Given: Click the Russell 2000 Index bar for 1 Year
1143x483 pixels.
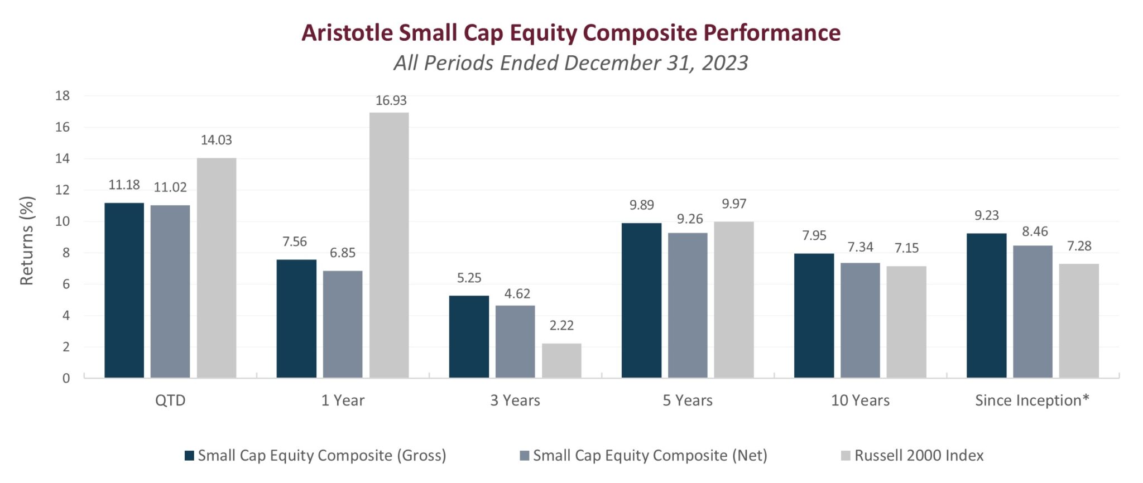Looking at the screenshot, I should pos(389,245).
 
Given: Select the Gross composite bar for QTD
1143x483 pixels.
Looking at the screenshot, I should pos(124,290).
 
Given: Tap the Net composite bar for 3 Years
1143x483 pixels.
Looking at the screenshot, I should pos(515,341).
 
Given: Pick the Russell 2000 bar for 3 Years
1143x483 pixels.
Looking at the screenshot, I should pos(561,360).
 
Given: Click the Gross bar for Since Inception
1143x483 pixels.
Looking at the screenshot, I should pos(986,305).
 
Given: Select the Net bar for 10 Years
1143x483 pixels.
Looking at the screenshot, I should pos(860,320).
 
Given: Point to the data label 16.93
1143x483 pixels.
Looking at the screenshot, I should pos(391,100).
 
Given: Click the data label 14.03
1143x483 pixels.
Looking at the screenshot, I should pos(216,140).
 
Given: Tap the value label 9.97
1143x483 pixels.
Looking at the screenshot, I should pos(733,204).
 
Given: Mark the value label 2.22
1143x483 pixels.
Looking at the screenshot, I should pos(561,326).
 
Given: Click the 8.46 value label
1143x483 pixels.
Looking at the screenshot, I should pos(1035,231).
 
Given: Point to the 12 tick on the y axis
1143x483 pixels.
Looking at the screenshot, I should pos(63,190).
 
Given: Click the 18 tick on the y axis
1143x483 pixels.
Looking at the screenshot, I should pos(63,96).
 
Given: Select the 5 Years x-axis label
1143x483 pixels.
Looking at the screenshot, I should pos(688,400).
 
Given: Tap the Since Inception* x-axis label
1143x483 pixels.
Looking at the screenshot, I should pos(1032,400).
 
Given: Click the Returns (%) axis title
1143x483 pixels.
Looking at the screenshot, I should pos(27,240).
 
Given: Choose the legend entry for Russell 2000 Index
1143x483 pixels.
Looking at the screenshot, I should pos(918,456).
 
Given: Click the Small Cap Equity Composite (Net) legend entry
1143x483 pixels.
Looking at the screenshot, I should pos(649,456).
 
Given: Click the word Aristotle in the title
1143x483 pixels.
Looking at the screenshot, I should pos(347,33).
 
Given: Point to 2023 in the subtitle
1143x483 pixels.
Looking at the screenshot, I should pos(724,63).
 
